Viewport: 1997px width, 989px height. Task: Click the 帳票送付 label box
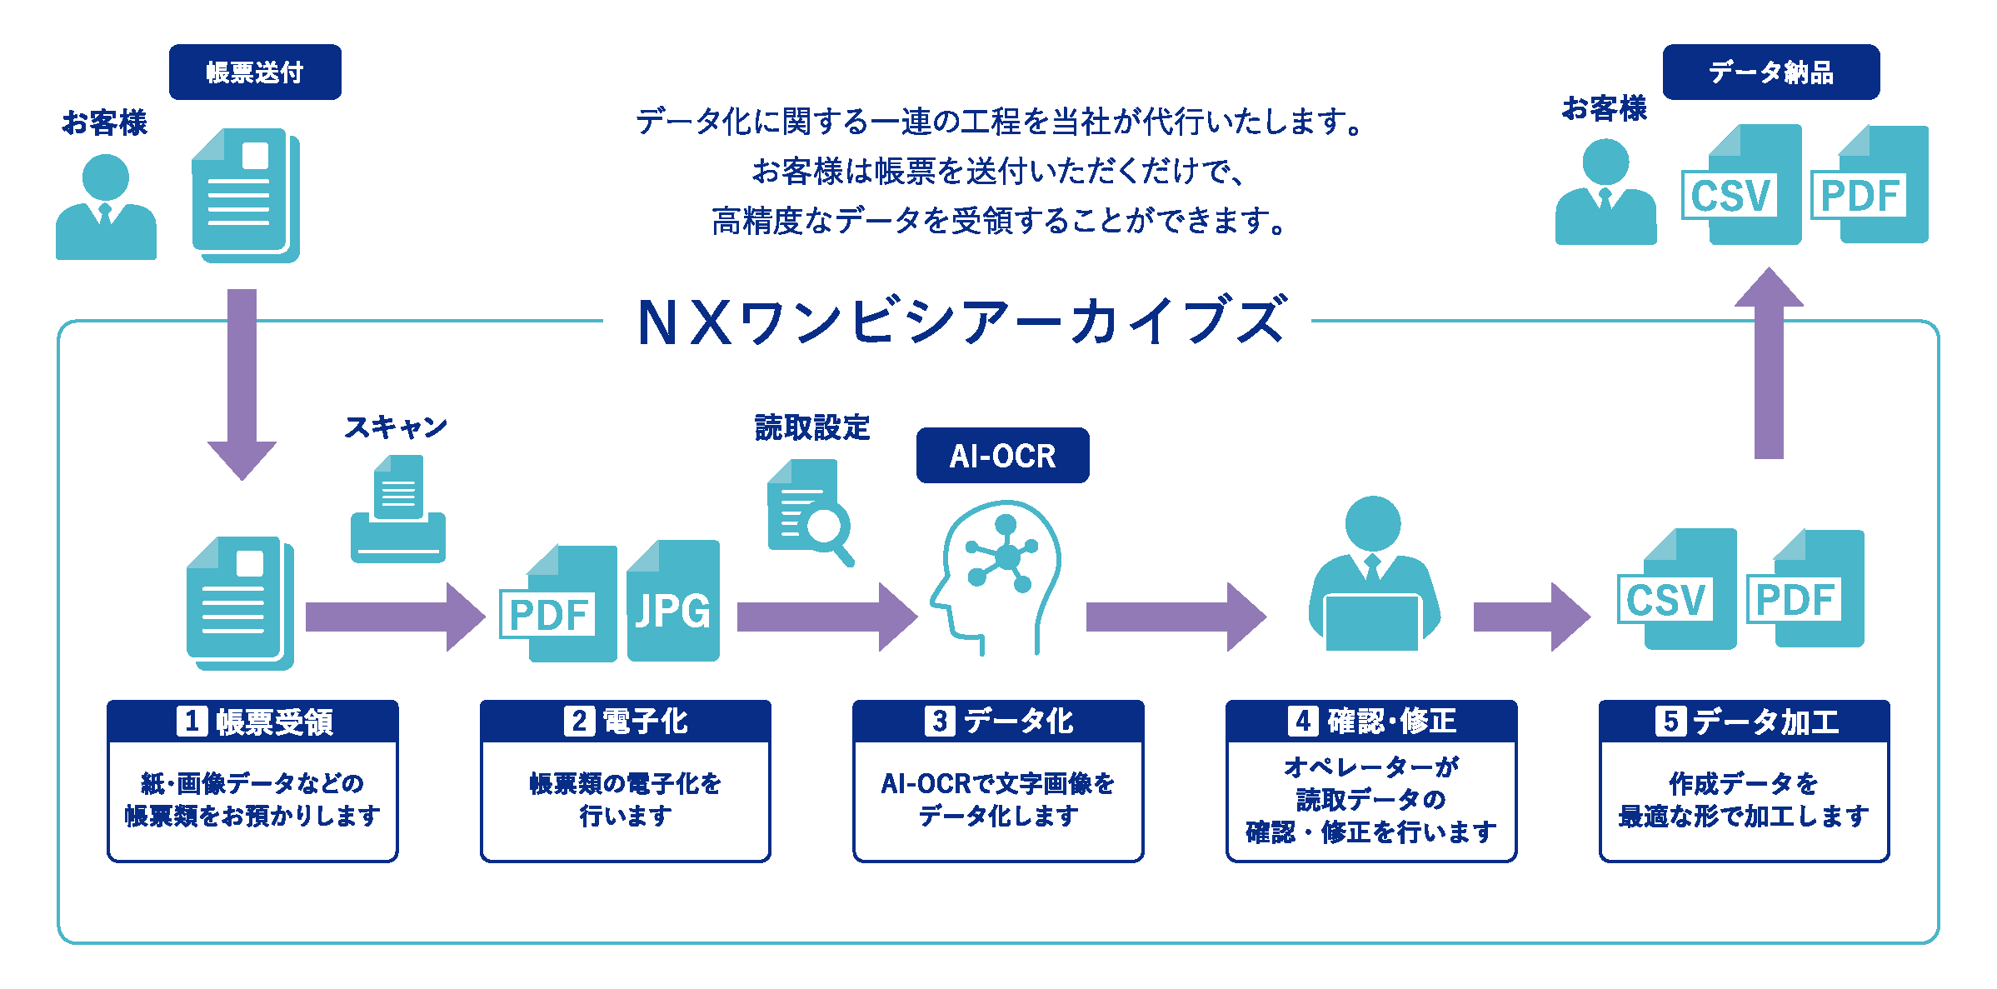[x=255, y=72]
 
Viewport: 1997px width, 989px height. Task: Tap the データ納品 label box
[x=1770, y=72]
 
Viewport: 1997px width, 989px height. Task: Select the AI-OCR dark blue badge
[x=1002, y=456]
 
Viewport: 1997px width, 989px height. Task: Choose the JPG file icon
[x=673, y=602]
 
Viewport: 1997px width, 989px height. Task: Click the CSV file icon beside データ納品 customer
[x=1741, y=187]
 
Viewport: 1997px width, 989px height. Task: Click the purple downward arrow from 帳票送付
[x=242, y=383]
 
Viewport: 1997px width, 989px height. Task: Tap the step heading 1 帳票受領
[x=253, y=722]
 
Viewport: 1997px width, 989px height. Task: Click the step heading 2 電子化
[x=626, y=722]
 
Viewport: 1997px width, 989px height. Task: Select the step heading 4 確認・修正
[x=1371, y=722]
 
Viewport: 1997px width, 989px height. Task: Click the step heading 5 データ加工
[x=1745, y=722]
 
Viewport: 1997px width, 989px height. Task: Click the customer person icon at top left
[x=106, y=208]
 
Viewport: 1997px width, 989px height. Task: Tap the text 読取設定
[x=811, y=427]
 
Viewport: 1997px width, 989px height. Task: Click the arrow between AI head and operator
[x=1175, y=617]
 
